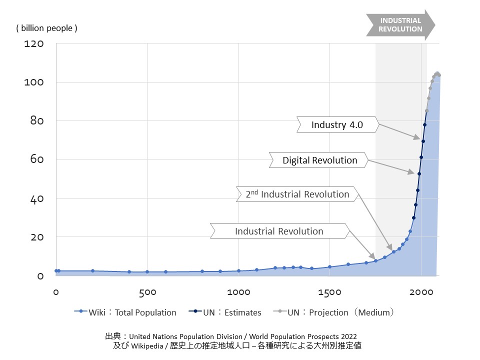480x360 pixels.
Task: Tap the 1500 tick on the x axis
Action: coord(329,291)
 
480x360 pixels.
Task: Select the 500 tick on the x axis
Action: coord(146,291)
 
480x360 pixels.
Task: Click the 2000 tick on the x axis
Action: coord(420,291)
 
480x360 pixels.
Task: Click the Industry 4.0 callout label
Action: coord(337,124)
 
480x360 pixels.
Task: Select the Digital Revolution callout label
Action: coord(320,160)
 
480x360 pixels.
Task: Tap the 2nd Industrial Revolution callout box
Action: coord(297,194)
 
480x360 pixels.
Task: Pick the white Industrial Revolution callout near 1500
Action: coord(279,231)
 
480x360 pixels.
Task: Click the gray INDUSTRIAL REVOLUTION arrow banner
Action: coord(400,25)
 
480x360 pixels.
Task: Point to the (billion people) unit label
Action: coord(47,28)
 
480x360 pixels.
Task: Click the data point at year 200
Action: coord(92,271)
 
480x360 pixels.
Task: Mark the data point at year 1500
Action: coord(329,267)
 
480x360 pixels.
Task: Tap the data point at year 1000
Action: coord(238,271)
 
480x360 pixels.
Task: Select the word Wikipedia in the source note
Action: coord(148,345)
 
